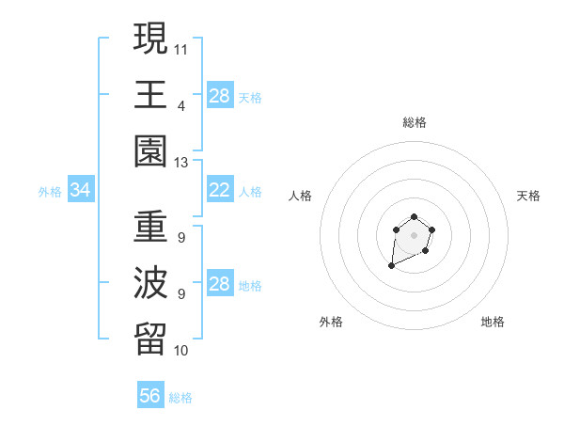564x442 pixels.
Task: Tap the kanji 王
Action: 151,95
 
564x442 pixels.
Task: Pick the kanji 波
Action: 151,284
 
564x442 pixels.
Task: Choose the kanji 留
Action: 151,341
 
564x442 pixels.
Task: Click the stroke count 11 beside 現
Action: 181,47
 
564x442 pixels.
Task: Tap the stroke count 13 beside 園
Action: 181,163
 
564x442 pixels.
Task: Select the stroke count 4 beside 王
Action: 180,105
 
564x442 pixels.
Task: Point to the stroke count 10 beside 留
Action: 181,351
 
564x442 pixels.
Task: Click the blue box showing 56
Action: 150,396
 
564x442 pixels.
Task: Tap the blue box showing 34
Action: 81,191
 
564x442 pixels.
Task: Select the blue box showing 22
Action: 219,191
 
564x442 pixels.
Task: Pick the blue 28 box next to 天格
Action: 219,95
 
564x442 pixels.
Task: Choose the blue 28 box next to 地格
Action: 219,285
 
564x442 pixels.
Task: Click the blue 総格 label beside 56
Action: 180,398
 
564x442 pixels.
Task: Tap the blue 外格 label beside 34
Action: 50,192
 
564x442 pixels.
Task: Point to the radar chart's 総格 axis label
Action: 414,122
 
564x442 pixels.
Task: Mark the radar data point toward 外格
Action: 391,266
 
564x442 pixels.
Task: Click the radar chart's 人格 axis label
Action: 301,196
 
